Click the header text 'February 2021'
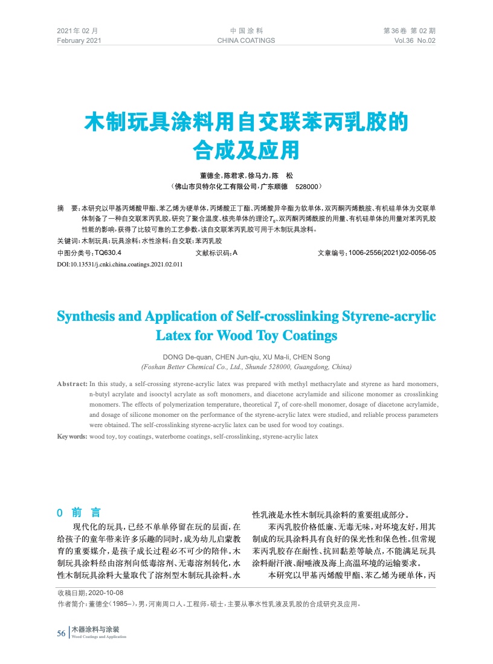pos(79,40)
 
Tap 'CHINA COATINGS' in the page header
pos(246,40)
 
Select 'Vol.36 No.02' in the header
pos(414,40)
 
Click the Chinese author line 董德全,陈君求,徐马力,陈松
pos(246,175)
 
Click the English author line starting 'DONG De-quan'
pos(246,356)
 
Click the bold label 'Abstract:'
pos(72,384)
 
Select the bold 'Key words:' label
pos(72,436)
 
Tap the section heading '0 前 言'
pos(79,513)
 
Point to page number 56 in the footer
pos(61,633)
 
